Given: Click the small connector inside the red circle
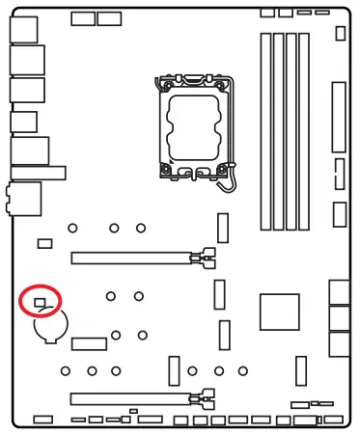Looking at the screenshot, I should coord(40,303).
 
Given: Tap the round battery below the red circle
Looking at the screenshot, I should coord(49,329).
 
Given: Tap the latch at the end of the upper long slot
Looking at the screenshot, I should coord(202,258).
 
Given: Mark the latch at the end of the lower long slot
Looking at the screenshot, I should coord(202,396).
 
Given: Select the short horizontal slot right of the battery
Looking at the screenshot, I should coord(89,344).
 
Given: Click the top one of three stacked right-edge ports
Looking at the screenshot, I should coord(339,292).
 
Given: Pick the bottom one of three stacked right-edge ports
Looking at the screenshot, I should coord(339,343).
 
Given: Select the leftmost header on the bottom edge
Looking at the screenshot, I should coord(42,420).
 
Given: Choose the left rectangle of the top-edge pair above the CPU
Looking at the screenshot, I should coord(83,18).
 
